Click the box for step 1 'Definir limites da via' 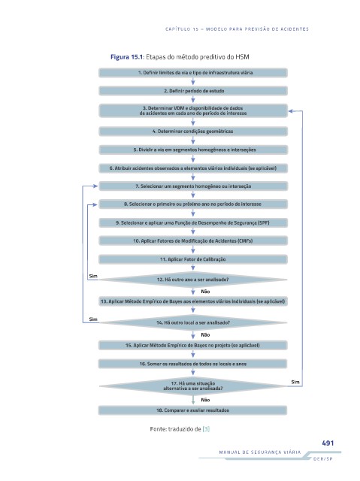tap(193, 73)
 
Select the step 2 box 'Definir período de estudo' tap(193, 91)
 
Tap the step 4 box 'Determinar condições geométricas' tap(193, 132)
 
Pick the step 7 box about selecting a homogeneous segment tap(193, 186)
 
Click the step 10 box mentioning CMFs tap(193, 240)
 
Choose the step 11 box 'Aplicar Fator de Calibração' tap(193, 259)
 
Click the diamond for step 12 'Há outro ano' tap(193, 280)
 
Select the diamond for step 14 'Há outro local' tap(193, 322)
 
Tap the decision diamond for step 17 tap(193, 386)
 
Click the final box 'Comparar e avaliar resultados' tap(193, 410)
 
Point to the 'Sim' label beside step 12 tap(93, 276)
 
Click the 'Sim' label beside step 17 tap(295, 382)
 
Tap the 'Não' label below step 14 tap(205, 334)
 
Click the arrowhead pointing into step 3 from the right tap(292, 111)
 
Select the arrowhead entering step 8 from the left tap(95, 204)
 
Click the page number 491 tap(328, 443)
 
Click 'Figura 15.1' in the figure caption tap(127, 57)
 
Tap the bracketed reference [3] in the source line tap(206, 429)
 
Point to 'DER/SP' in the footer tap(323, 459)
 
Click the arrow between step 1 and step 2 tap(193, 81)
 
